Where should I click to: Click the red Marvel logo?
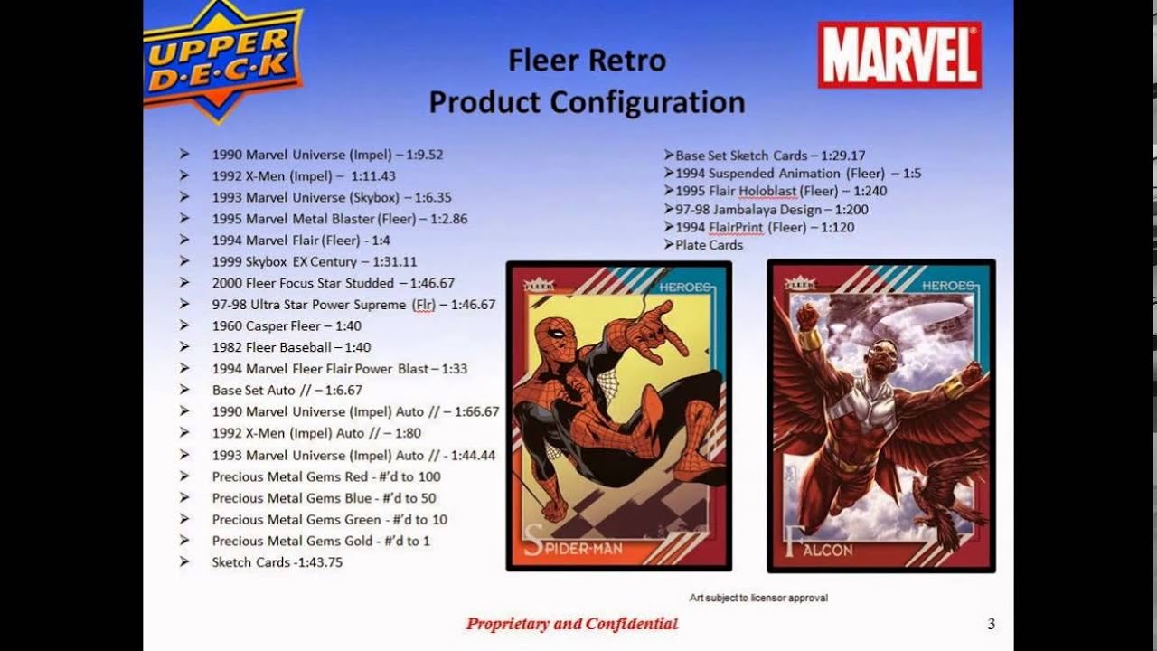click(x=898, y=54)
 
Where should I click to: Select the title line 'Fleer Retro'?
click(x=587, y=61)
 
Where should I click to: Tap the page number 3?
click(x=992, y=624)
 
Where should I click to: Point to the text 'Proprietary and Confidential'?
click(x=572, y=624)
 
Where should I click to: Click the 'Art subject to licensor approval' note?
click(x=758, y=598)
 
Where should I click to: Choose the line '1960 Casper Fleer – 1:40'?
click(x=287, y=325)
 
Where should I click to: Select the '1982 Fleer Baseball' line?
click(x=291, y=347)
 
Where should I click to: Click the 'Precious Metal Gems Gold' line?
click(x=321, y=541)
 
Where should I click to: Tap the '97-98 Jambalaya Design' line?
click(x=771, y=209)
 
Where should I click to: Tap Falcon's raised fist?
click(x=806, y=316)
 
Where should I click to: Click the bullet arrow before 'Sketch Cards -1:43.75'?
click(x=185, y=562)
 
